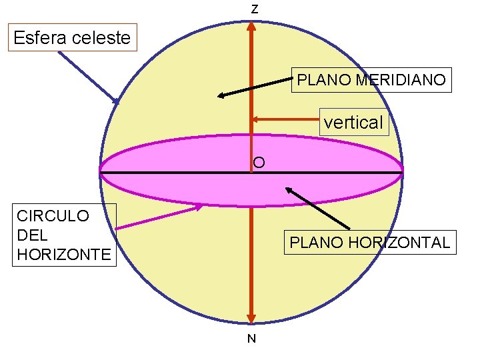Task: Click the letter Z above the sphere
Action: tap(255, 10)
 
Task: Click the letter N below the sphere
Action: tap(251, 339)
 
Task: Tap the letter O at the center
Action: tap(259, 162)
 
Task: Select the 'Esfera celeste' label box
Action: tap(72, 37)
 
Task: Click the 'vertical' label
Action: tap(353, 122)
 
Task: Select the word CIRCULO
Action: tap(53, 216)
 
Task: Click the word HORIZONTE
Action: tap(64, 254)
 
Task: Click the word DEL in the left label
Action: tap(31, 235)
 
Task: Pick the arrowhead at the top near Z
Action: tap(251, 27)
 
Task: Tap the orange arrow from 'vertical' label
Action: tap(287, 120)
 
